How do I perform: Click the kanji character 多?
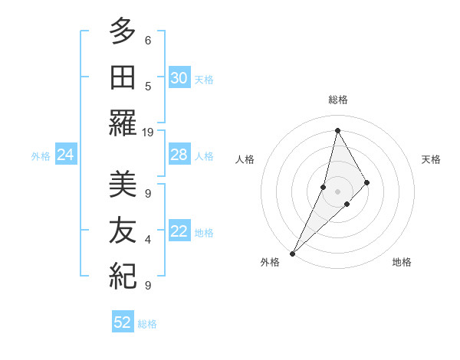(123, 33)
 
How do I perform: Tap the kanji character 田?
(123, 79)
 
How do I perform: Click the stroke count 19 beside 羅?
(148, 133)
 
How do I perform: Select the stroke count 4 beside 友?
(148, 240)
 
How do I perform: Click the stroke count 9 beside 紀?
(148, 286)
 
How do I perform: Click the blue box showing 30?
(179, 78)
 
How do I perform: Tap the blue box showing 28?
(179, 155)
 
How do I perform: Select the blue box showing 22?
(179, 232)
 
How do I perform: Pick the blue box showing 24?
(66, 155)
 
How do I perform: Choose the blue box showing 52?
(123, 322)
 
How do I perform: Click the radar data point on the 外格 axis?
(292, 253)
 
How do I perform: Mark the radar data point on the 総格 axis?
(337, 130)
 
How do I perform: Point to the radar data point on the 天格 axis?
(367, 182)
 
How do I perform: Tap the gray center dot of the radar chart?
(337, 191)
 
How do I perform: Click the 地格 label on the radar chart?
(402, 262)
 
